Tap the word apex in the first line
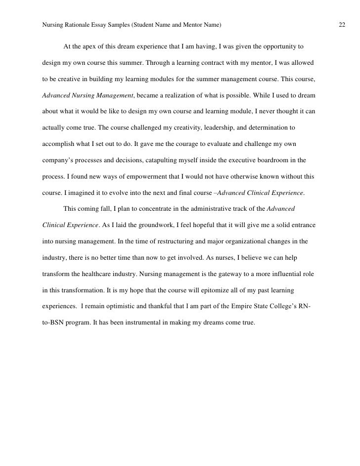pos(91,47)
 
